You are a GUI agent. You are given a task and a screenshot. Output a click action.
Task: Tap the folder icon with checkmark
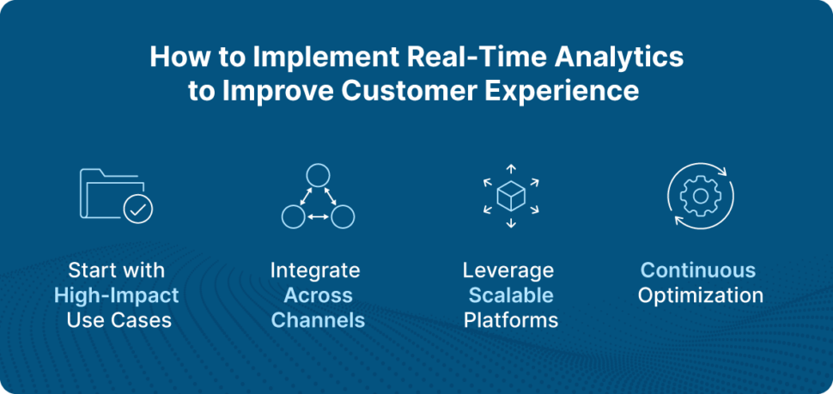coord(116,195)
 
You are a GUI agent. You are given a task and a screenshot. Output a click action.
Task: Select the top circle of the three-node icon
coord(317,175)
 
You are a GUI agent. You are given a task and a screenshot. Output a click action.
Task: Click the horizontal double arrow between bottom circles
coord(318,216)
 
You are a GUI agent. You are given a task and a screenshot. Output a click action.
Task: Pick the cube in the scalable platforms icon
coord(510,197)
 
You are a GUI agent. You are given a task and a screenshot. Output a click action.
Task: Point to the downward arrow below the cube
coord(510,222)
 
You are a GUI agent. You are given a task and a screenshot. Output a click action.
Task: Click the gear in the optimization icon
coord(700,196)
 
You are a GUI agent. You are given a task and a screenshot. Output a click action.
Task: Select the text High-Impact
coord(116,296)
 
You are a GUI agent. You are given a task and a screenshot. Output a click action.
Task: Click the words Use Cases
coord(119,320)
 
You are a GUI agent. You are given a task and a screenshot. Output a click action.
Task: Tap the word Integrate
coord(315,270)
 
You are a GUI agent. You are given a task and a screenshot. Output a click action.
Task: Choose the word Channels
coord(318,320)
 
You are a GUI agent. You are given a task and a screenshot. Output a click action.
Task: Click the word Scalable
coord(510,295)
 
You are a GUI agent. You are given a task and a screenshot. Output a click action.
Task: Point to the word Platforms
coord(510,320)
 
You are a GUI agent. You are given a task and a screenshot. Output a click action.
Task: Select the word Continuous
coord(698,270)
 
